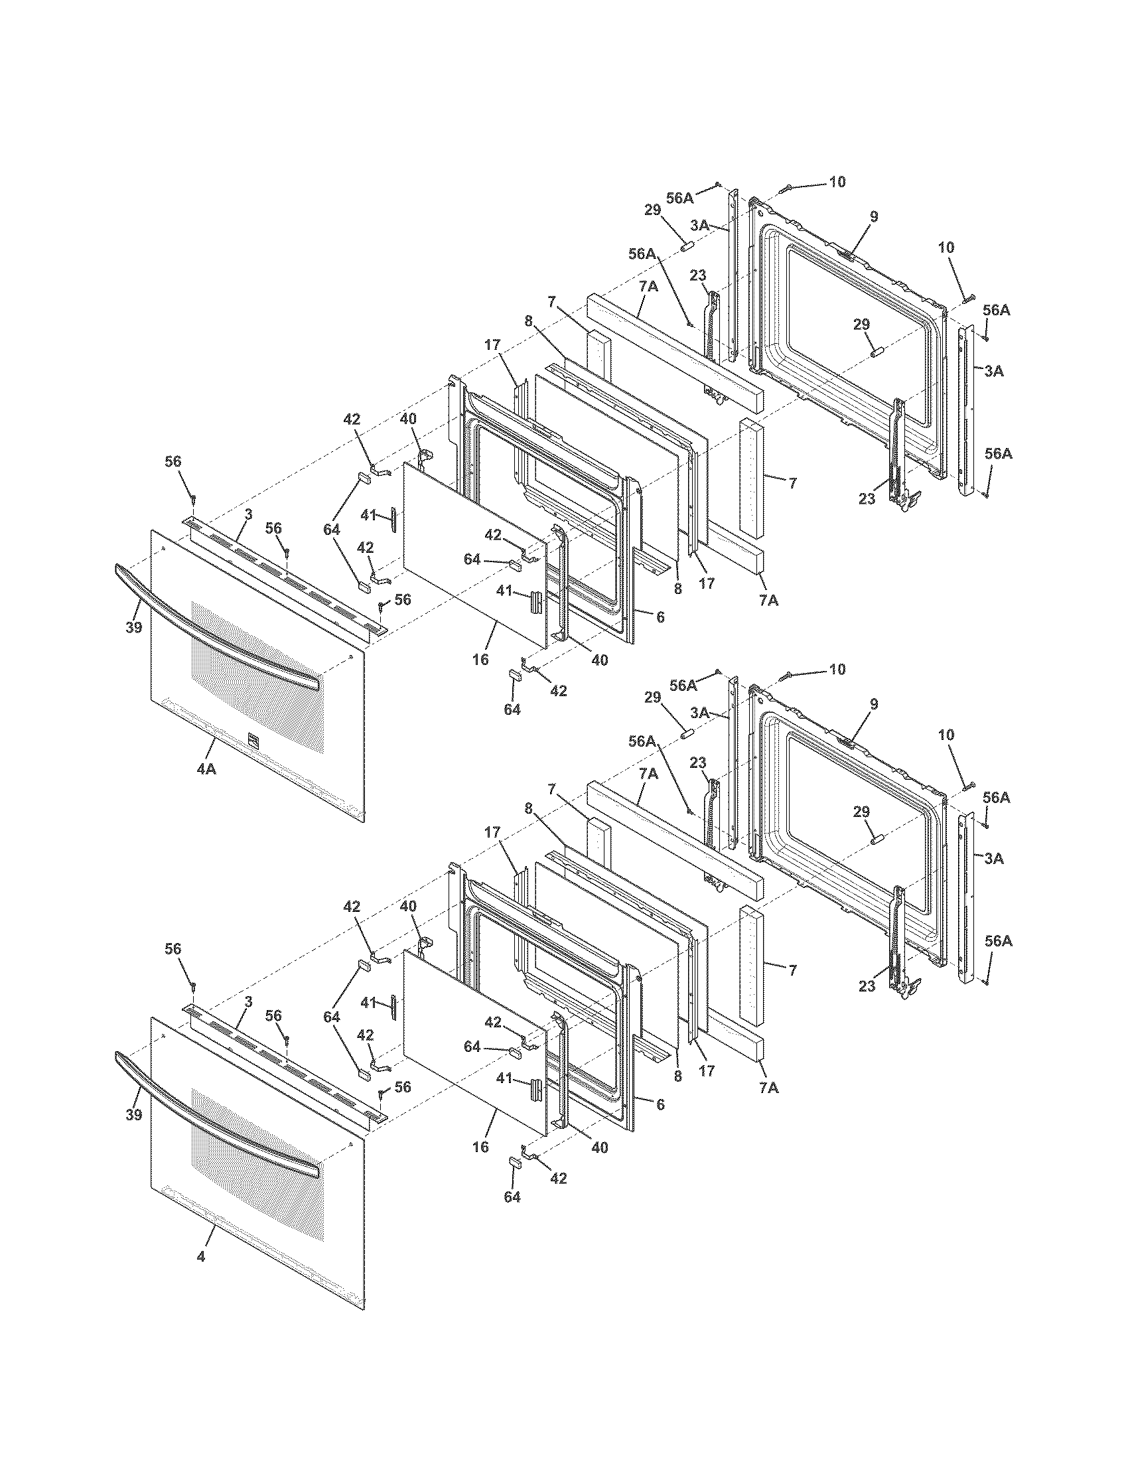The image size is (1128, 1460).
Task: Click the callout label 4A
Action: [x=206, y=769]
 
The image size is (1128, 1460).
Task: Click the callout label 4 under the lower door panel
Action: [x=201, y=1257]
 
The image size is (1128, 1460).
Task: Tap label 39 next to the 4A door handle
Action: [x=134, y=628]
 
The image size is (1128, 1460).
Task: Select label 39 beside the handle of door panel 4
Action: [x=134, y=1115]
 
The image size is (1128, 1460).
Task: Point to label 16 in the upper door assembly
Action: [x=480, y=660]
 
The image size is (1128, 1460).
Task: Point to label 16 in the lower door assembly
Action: [x=480, y=1147]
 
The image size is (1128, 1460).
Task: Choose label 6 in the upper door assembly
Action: [x=660, y=617]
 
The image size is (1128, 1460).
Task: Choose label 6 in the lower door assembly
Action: [x=660, y=1104]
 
